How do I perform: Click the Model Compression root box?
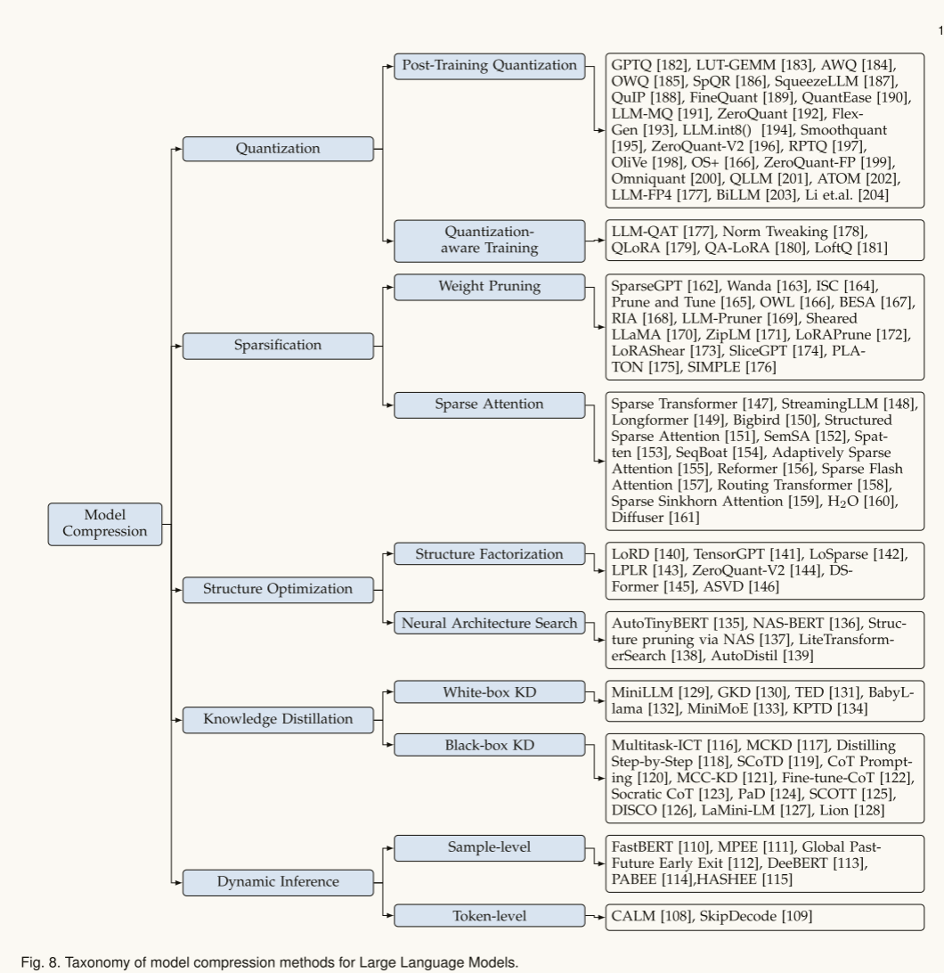[105, 524]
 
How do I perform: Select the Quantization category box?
[278, 149]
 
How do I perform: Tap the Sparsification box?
[278, 346]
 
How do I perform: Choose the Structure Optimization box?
[278, 590]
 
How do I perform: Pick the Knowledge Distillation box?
[278, 720]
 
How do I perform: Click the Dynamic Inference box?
[278, 882]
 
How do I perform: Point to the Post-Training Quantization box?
[490, 66]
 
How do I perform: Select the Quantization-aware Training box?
[490, 241]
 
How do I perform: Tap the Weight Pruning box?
[490, 287]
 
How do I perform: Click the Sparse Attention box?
[490, 405]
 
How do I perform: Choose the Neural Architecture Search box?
[490, 623]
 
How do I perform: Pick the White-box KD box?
[490, 692]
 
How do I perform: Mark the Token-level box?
[490, 916]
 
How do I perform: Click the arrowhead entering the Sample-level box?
[390, 847]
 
